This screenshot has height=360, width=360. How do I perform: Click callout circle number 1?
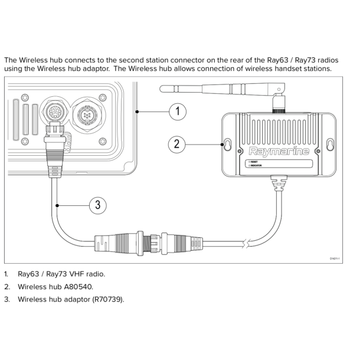coord(178,111)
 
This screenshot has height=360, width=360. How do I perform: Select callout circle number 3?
coord(98,205)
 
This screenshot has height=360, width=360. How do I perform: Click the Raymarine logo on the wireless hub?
coord(279,151)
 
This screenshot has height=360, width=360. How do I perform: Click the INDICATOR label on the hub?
coord(257,166)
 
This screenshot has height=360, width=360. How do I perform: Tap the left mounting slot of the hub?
coord(227,144)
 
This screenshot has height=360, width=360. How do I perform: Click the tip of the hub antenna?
coord(163,89)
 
